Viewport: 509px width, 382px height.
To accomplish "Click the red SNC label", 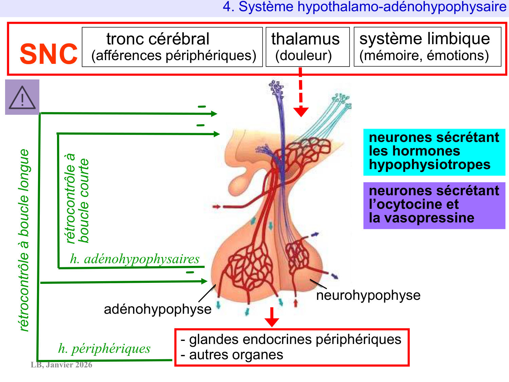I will [x=49, y=54].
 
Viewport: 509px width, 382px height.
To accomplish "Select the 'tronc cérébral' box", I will [x=172, y=47].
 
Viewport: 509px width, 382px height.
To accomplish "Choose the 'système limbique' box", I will [x=427, y=47].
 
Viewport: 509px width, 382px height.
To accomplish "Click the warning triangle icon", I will [x=22, y=97].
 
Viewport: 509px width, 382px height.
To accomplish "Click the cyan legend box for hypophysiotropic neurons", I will [x=434, y=152].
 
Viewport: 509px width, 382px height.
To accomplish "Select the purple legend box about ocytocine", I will [x=434, y=205].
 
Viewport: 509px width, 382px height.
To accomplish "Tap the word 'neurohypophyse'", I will [x=368, y=295].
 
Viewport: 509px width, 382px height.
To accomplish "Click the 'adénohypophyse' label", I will [x=157, y=309].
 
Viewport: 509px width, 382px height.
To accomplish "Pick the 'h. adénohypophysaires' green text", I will [x=135, y=259].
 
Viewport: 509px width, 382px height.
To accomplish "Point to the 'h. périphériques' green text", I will [x=104, y=348].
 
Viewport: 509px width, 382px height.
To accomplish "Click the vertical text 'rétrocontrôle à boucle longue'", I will [x=24, y=239].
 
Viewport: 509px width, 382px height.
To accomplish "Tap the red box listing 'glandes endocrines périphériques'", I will [x=292, y=347].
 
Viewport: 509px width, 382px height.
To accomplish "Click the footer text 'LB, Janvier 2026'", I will [x=61, y=365].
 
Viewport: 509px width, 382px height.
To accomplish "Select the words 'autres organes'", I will [x=236, y=355].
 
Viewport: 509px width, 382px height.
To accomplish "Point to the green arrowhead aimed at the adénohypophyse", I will [x=204, y=281].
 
